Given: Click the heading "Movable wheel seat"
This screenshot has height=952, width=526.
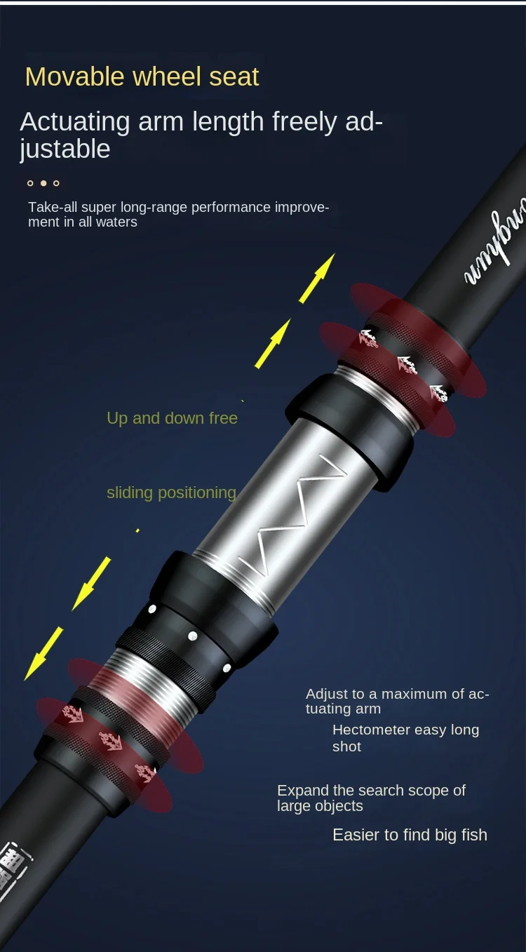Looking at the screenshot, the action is coord(142,76).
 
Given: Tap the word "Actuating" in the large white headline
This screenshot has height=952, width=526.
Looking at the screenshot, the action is coord(74,122).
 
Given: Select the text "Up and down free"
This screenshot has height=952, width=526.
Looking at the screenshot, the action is coord(172,418).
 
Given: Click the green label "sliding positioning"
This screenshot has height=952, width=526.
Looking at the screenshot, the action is coord(171,492).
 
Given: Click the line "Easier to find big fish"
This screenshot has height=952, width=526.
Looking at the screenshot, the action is coord(410,835).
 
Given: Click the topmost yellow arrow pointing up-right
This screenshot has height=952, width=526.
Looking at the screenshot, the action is coord(317,279).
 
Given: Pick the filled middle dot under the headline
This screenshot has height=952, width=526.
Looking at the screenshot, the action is coord(43,183).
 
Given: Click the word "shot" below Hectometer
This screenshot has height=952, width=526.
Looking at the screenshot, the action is coord(346,746).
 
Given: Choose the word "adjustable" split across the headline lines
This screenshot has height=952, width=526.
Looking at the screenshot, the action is coord(65,149).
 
